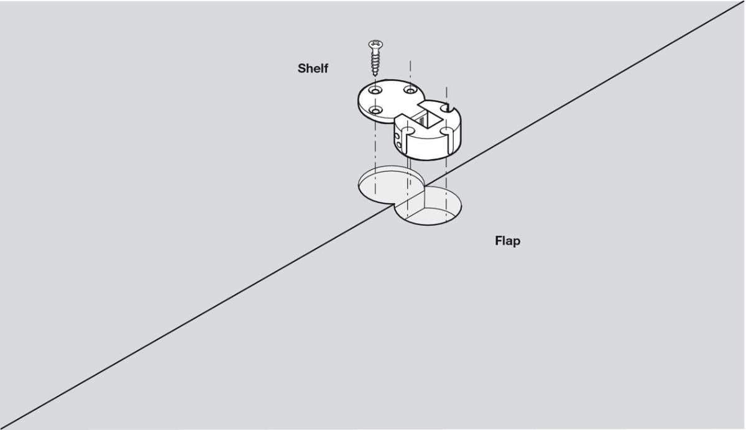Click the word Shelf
tap(313, 68)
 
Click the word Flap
tap(507, 241)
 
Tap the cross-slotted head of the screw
tap(375, 44)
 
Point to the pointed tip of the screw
tap(375, 76)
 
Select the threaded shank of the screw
tap(375, 62)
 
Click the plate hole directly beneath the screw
tap(375, 90)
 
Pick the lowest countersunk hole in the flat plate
tap(376, 110)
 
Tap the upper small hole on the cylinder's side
tap(396, 136)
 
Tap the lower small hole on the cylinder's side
tap(399, 145)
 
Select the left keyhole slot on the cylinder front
tap(408, 137)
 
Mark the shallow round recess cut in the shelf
tap(390, 185)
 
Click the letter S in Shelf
tap(302, 68)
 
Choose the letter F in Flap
tap(499, 240)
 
